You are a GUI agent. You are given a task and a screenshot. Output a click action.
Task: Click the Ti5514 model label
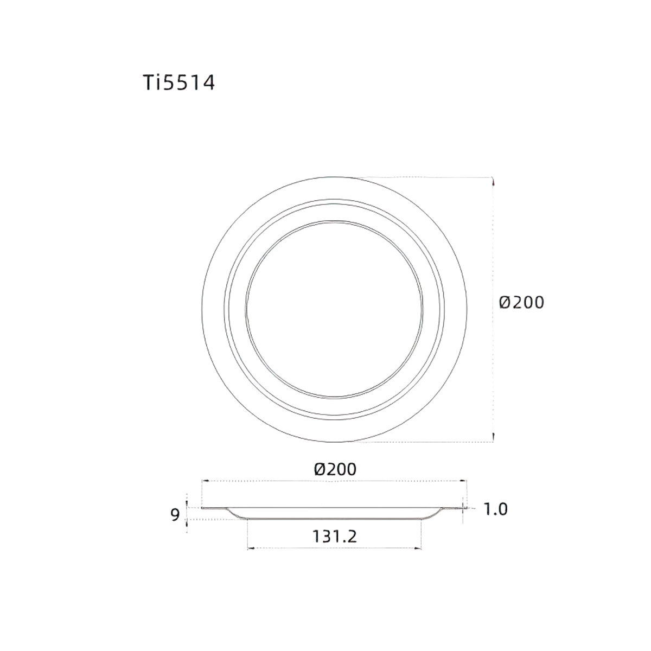(178, 82)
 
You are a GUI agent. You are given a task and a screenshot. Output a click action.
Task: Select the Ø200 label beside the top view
(521, 302)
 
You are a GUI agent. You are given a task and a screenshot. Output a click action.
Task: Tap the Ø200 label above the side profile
(335, 469)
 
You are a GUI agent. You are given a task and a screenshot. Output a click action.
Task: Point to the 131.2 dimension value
(334, 537)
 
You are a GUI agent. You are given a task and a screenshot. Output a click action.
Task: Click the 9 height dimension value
(175, 514)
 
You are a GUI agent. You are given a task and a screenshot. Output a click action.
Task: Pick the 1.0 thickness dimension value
(495, 509)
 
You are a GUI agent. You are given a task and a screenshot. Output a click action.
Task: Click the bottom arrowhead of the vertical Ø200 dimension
(493, 439)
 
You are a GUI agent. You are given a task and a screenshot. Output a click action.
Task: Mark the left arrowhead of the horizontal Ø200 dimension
(205, 481)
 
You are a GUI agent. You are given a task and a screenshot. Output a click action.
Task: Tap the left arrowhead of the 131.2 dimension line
(250, 548)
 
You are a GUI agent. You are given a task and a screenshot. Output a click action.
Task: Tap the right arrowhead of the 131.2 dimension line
(418, 548)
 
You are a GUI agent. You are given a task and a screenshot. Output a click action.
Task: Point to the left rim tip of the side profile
(203, 508)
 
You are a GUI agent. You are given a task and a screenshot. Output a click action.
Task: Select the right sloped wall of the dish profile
(434, 513)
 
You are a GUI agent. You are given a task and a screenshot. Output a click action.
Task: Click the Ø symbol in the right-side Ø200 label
(505, 302)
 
